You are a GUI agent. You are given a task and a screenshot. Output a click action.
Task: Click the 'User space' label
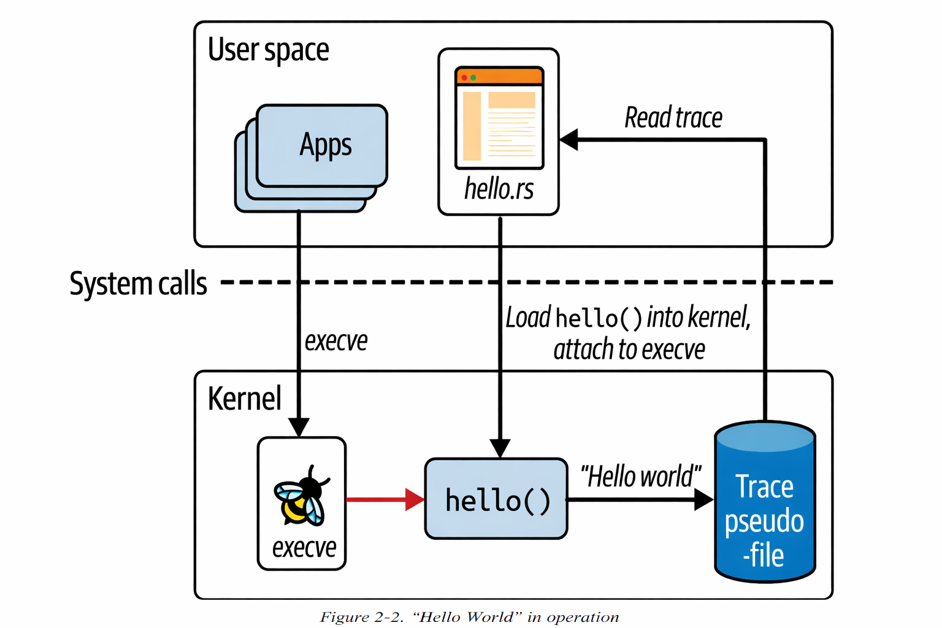(268, 50)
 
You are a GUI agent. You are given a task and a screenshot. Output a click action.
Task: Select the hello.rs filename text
(499, 189)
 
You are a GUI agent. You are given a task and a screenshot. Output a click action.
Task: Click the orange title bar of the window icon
(499, 77)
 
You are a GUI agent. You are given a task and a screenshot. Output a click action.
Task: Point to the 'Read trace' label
(673, 118)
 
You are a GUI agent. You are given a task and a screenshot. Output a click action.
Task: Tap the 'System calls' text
(138, 284)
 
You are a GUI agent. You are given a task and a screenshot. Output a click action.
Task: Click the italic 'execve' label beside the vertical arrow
(336, 341)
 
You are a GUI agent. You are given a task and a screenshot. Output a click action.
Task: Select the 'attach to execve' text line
(629, 350)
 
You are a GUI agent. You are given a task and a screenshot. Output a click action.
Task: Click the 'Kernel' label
(244, 399)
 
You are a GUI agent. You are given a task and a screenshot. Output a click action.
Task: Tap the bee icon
(301, 497)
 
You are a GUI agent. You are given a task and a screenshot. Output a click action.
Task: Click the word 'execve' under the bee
(304, 547)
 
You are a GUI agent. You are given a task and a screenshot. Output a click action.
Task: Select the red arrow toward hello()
(383, 499)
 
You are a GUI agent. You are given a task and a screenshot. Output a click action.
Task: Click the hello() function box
(496, 499)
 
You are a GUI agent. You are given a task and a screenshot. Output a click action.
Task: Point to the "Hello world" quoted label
(640, 477)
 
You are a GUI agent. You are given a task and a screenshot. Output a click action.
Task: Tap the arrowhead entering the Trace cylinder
(704, 500)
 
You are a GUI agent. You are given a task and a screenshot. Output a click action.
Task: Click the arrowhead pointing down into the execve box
(299, 427)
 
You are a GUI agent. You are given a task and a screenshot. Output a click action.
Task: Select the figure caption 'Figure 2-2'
(469, 617)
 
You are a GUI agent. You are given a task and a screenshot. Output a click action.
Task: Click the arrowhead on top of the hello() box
(500, 448)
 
